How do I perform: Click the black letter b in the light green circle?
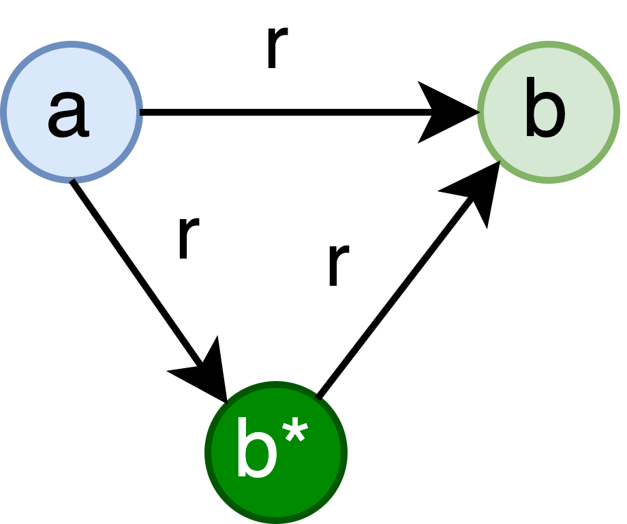click(545, 109)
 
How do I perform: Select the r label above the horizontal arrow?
click(275, 46)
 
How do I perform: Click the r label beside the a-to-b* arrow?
click(187, 236)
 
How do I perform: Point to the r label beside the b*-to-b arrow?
click(337, 263)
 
